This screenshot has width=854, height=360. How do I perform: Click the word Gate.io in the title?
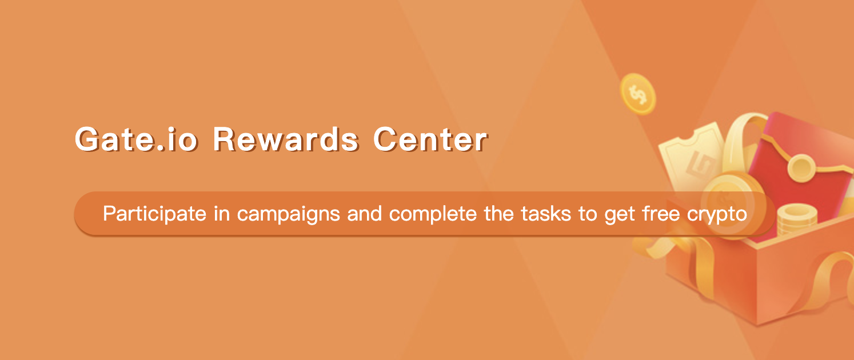click(135, 139)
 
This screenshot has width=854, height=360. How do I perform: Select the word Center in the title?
click(430, 139)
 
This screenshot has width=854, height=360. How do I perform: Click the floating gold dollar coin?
click(638, 94)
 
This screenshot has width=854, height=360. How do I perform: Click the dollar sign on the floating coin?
click(637, 94)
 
